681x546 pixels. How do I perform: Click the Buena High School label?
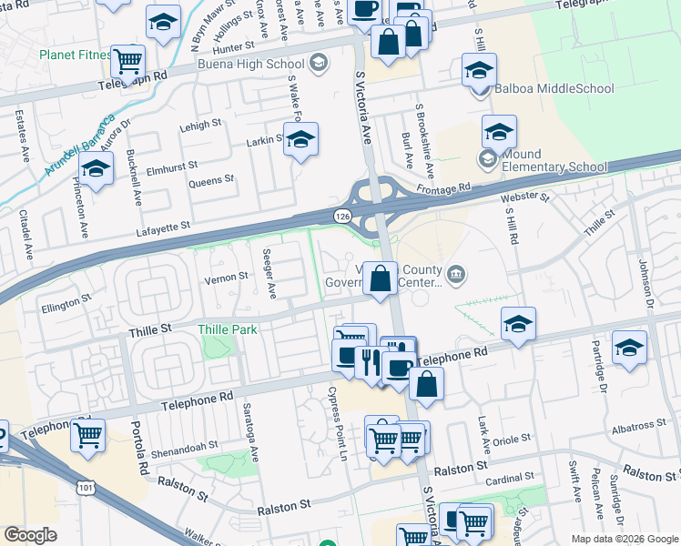[252, 65]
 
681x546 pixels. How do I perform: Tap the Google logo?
[30, 535]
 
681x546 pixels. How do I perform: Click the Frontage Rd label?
[443, 188]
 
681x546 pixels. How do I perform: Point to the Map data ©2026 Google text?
[624, 539]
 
